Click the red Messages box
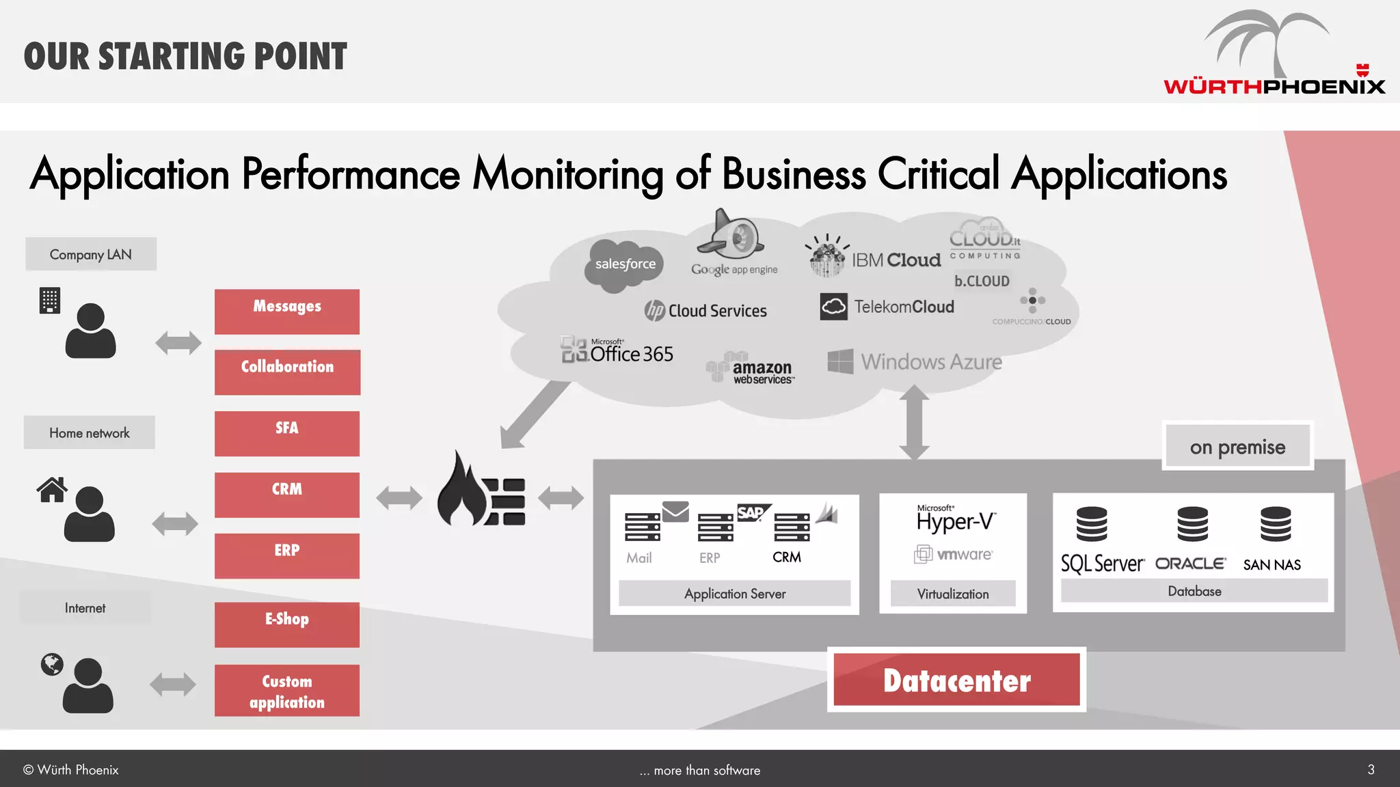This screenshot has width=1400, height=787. [x=287, y=312]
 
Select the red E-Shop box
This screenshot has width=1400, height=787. [x=287, y=624]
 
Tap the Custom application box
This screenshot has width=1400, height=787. [x=287, y=691]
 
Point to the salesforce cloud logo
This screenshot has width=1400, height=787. [x=624, y=265]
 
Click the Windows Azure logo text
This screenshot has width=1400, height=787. [x=931, y=362]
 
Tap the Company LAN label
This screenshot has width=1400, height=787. [x=91, y=254]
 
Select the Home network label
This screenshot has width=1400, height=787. [x=90, y=432]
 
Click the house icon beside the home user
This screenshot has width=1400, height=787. [x=52, y=490]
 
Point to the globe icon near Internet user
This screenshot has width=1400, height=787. [x=52, y=664]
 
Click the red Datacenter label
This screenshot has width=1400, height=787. [x=956, y=680]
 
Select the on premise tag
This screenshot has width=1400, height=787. [x=1237, y=447]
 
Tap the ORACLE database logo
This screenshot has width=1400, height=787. [x=1190, y=564]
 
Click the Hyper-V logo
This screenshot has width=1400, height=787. [x=955, y=521]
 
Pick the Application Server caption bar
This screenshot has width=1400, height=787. [x=735, y=593]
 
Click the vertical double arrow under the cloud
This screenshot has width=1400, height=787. [x=914, y=422]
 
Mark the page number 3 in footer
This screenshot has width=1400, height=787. [x=1371, y=769]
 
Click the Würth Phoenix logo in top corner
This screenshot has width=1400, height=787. [x=1274, y=55]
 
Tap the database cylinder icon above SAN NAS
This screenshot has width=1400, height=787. [x=1276, y=524]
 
